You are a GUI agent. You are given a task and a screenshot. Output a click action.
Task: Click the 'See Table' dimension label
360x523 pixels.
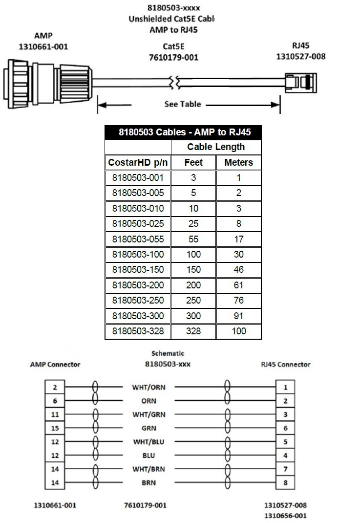tap(182, 104)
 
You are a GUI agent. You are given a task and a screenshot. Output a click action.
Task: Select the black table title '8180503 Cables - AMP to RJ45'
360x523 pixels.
tap(183, 132)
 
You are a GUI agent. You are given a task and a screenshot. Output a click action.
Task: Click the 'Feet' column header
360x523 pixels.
tap(193, 163)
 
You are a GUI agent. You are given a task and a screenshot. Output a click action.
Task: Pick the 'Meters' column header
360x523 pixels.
tap(238, 163)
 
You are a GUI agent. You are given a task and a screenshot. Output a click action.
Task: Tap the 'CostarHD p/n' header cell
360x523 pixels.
tap(138, 163)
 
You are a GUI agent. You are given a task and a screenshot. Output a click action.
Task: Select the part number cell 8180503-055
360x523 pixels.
tap(138, 239)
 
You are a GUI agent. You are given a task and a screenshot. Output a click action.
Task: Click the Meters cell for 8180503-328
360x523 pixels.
tap(238, 331)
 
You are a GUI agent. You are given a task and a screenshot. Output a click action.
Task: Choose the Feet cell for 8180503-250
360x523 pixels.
tap(193, 300)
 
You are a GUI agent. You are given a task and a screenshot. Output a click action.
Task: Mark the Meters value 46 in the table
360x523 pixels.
tap(238, 270)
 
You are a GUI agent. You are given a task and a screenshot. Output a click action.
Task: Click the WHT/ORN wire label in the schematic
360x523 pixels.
tap(148, 387)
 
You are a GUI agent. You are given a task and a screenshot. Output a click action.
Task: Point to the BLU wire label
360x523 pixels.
tap(148, 456)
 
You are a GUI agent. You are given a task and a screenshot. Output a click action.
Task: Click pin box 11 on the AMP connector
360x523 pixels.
tap(55, 414)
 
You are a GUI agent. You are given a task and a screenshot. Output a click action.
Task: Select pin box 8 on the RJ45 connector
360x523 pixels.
tap(285, 483)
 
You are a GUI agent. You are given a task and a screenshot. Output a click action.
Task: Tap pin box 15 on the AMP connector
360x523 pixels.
tap(55, 428)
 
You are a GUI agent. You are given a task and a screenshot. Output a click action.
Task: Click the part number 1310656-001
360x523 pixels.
tap(285, 515)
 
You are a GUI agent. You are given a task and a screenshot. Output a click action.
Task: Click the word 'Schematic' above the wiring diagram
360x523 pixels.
tap(168, 353)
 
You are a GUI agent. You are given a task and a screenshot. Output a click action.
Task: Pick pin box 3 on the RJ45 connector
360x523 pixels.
tap(285, 414)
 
